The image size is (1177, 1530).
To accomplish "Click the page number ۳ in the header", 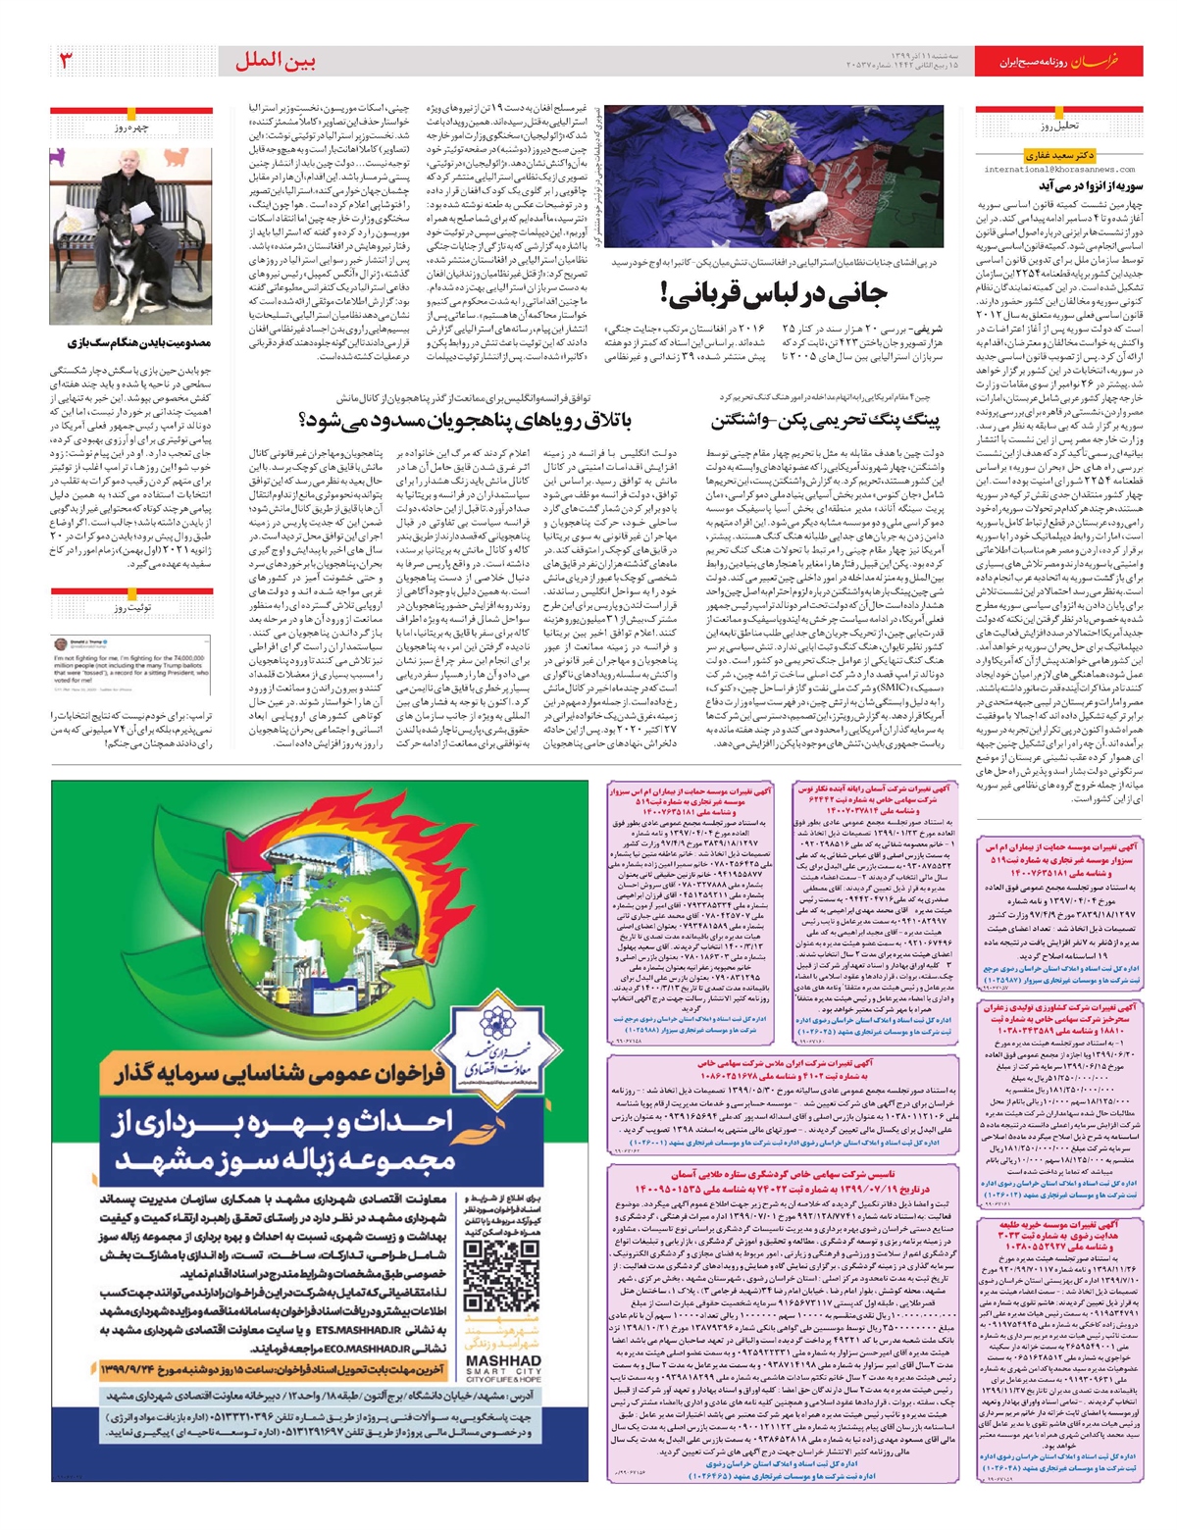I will (67, 62).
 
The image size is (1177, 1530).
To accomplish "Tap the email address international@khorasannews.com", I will (1059, 170).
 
